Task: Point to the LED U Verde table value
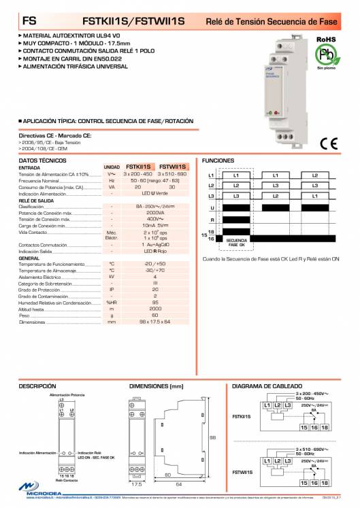point(156,193)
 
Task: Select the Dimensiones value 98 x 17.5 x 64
point(155,322)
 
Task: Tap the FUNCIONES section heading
point(218,160)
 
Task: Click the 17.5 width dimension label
point(136,484)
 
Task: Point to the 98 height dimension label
point(212,437)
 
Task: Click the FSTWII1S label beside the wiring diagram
point(242,471)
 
